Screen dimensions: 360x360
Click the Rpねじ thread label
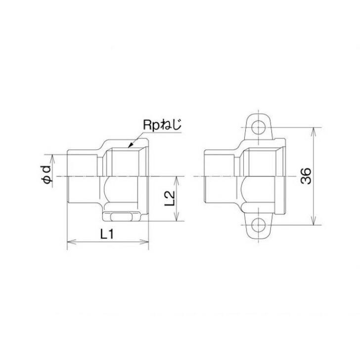coord(163,125)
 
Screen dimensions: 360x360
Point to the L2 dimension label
coord(170,198)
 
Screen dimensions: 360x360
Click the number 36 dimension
coord(306,177)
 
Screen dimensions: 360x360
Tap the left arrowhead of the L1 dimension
coord(69,242)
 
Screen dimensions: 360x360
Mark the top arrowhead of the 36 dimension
coord(315,130)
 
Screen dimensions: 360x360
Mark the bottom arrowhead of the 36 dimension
coord(315,223)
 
